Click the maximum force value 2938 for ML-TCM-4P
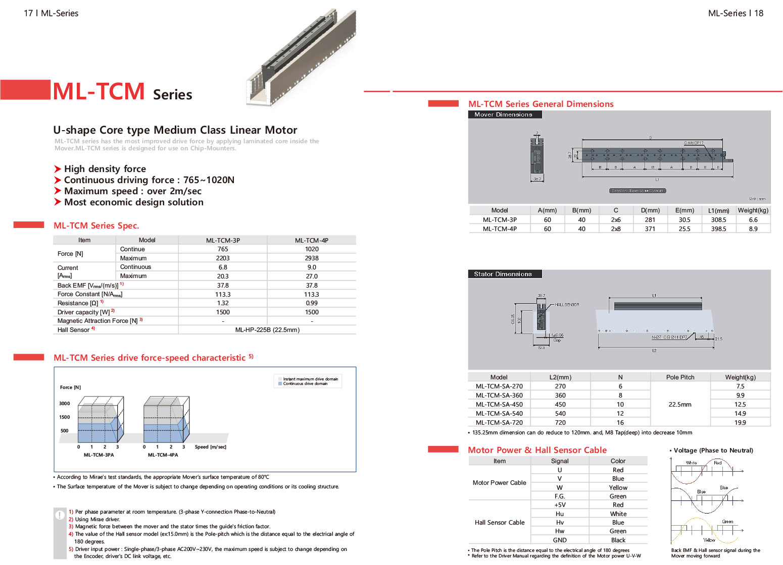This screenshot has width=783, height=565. pyautogui.click(x=312, y=258)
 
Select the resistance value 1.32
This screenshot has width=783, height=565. pyautogui.click(x=223, y=303)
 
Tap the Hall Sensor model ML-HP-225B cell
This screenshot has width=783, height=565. pyautogui.click(x=267, y=330)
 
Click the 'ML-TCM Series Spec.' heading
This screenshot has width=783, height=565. pyautogui.click(x=96, y=225)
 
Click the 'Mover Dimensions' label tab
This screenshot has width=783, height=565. pyautogui.click(x=504, y=115)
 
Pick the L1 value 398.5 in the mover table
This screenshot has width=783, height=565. pyautogui.click(x=718, y=229)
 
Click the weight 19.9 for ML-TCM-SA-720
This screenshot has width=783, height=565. pyautogui.click(x=740, y=423)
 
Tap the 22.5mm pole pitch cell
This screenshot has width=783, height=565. pyautogui.click(x=680, y=405)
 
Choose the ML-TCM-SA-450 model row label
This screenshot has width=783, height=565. pyautogui.click(x=499, y=405)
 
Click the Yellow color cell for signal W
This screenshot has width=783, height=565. pyautogui.click(x=618, y=488)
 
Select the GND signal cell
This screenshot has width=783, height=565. pyautogui.click(x=560, y=540)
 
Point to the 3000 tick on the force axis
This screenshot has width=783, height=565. pyautogui.click(x=65, y=404)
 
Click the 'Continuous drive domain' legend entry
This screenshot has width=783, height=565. pyautogui.click(x=305, y=384)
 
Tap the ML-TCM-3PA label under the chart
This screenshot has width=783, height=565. pyautogui.click(x=99, y=455)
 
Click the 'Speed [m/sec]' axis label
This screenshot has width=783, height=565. pyautogui.click(x=211, y=447)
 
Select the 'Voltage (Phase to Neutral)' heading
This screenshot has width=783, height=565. pyautogui.click(x=713, y=450)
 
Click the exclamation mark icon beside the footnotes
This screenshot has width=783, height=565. pyautogui.click(x=60, y=515)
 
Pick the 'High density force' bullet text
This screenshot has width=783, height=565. pyautogui.click(x=105, y=169)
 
